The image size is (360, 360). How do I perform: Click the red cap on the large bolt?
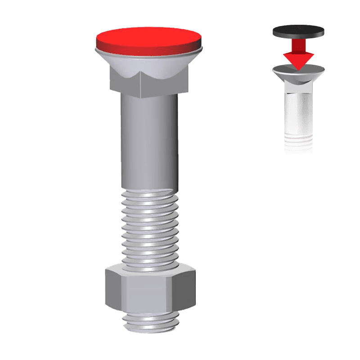(148, 38)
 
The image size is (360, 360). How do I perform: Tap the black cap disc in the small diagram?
(298, 31)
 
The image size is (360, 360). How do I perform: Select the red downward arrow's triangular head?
(298, 58)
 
